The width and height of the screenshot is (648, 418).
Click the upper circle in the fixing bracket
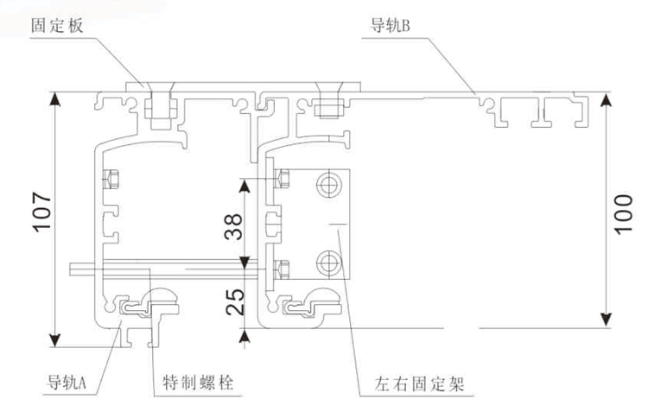click(328, 185)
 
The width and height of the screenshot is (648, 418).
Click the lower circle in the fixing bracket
click(328, 261)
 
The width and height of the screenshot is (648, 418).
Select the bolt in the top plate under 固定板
click(159, 107)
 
